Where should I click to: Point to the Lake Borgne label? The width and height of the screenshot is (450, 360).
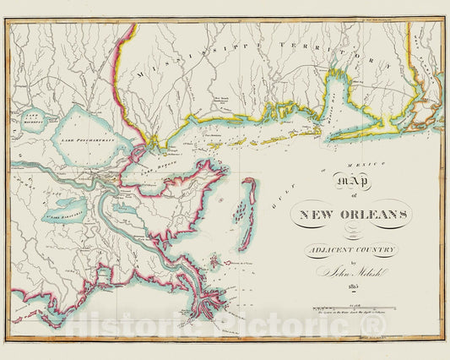160,170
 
